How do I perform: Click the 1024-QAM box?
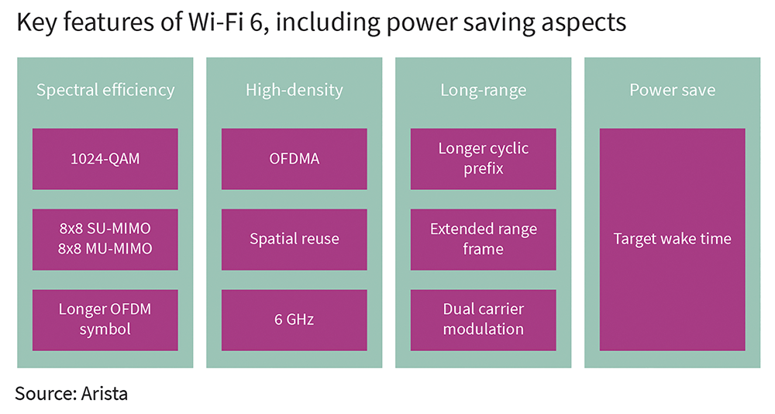(x=105, y=159)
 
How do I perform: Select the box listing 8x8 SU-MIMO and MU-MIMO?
(x=105, y=240)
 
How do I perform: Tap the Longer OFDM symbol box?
(x=105, y=320)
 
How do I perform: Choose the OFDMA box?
(x=294, y=159)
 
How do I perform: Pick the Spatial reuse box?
(x=294, y=240)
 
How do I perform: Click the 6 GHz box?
(x=294, y=320)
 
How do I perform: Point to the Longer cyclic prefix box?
(x=484, y=159)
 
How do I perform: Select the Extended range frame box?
(x=484, y=240)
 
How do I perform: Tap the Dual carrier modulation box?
(x=484, y=320)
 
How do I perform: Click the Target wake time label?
(x=672, y=239)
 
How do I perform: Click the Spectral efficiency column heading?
(x=105, y=90)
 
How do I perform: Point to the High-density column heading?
(x=294, y=90)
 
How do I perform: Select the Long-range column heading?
(x=484, y=90)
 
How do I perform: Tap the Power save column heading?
(x=672, y=90)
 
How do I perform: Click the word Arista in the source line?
(x=105, y=394)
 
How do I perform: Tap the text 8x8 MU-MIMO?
(x=105, y=248)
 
